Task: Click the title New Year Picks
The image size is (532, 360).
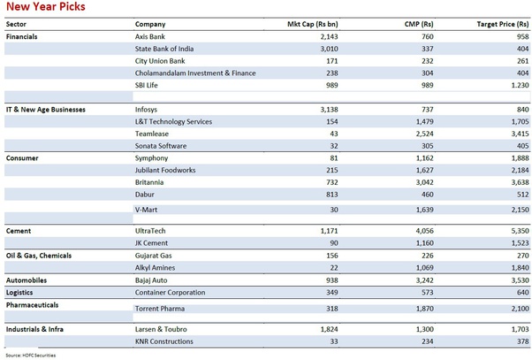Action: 46,6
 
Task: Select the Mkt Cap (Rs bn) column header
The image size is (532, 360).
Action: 313,24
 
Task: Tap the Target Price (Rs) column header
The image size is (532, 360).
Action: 503,24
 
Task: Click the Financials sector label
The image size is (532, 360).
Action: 22,36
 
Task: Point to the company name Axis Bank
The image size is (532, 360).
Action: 150,36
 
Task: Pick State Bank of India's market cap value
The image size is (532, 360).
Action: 329,49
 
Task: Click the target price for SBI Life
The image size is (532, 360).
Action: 521,85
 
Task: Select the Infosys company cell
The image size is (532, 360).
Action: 146,110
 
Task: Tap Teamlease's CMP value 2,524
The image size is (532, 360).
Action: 425,134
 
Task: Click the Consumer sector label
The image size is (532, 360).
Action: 22,158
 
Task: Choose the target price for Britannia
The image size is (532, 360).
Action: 521,182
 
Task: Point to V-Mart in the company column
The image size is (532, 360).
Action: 146,210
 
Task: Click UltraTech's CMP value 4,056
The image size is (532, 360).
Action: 425,231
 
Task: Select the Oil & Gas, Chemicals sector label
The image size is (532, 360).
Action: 39,256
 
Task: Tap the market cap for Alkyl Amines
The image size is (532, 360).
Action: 334,268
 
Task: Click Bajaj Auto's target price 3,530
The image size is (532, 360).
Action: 521,280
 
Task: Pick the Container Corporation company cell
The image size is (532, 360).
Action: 170,293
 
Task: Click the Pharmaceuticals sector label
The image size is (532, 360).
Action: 32,305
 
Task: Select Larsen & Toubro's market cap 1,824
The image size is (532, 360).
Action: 329,329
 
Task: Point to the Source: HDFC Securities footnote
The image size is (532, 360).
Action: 31,356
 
